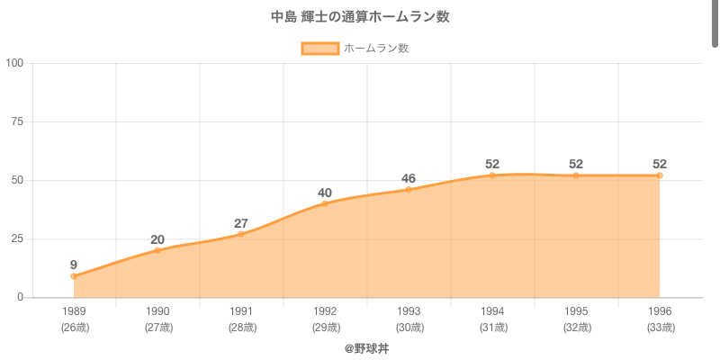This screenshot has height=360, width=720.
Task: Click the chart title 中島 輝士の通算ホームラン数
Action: click(360, 17)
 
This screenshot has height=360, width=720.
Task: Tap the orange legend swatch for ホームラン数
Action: click(320, 49)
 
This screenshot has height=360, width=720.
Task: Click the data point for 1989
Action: click(74, 276)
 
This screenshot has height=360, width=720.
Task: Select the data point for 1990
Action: click(157, 250)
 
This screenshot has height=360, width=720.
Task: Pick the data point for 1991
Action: click(241, 234)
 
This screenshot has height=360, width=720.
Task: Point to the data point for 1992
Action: click(325, 203)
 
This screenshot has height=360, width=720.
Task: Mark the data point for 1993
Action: click(409, 189)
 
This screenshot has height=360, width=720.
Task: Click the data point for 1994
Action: click(492, 175)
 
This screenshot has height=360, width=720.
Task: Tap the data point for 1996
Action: click(660, 175)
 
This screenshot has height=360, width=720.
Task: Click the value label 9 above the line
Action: click(74, 265)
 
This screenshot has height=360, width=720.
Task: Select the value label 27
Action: click(241, 223)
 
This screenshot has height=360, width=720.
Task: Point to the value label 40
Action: click(325, 193)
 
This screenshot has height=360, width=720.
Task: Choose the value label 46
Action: click(409, 178)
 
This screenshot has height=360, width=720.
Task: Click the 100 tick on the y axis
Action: click(14, 63)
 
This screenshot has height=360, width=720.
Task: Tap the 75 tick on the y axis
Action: click(17, 121)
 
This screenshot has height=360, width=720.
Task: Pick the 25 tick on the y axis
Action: click(17, 238)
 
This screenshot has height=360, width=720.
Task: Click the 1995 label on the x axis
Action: click(576, 311)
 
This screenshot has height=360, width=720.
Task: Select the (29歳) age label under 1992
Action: click(325, 328)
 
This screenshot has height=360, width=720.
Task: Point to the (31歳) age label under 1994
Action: click(492, 328)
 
